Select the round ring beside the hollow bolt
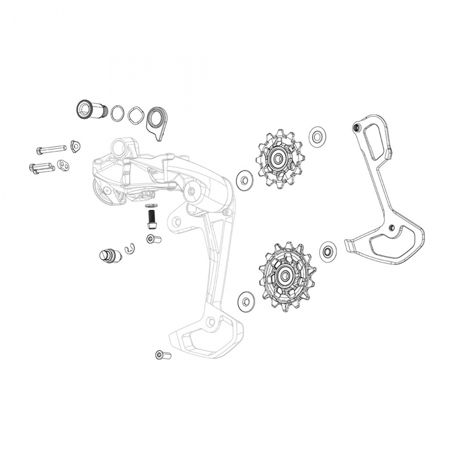[x=117, y=114]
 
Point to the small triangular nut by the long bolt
[x=74, y=145]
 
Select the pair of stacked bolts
[x=41, y=168]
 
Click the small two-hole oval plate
[x=63, y=165]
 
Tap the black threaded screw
[x=152, y=216]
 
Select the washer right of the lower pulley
[x=328, y=251]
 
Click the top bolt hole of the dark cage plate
[x=356, y=127]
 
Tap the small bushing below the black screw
[x=153, y=239]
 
